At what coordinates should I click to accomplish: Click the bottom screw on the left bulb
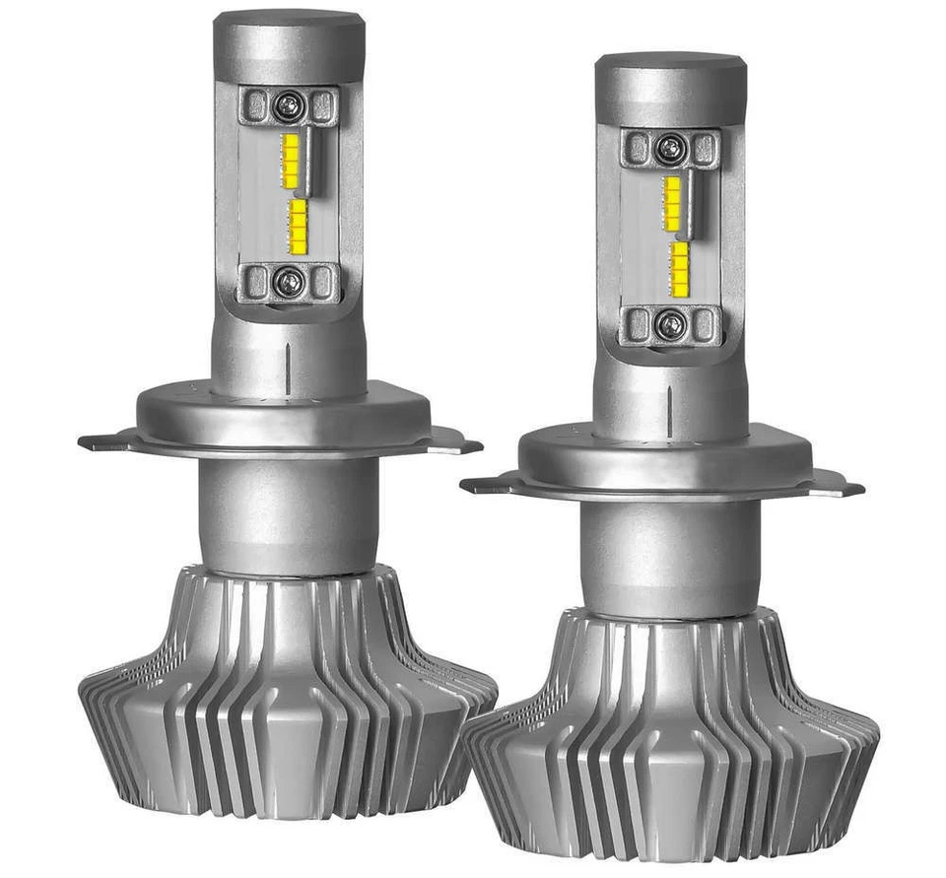(288, 282)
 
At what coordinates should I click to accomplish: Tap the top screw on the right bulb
(670, 149)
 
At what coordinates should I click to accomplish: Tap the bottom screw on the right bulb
(670, 324)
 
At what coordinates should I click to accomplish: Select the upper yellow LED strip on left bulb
(291, 161)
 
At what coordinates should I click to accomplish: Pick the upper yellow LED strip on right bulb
(672, 204)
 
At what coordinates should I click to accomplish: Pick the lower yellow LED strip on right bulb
(680, 268)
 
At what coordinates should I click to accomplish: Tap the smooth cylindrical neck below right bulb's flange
(670, 557)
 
